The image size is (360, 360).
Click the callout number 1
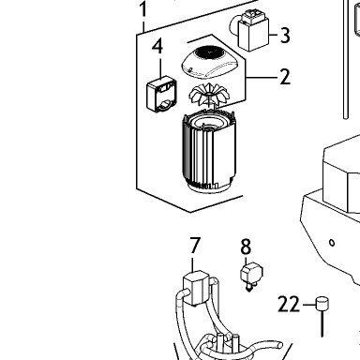tap(142, 9)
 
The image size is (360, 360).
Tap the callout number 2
tap(285, 77)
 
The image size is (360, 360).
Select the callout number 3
tap(285, 35)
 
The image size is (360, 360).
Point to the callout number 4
tap(157, 47)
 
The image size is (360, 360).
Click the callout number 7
tap(195, 246)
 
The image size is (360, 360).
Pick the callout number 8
tap(246, 247)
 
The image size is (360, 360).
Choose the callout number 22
tap(289, 305)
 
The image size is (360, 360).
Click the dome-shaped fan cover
tap(212, 62)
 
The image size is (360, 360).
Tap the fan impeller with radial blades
tap(206, 95)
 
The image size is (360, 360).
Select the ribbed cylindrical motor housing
tap(208, 152)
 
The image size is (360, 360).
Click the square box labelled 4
tap(161, 94)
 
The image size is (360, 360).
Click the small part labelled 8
tap(251, 277)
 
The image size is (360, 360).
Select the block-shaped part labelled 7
tap(196, 288)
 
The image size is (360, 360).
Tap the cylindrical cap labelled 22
tap(322, 304)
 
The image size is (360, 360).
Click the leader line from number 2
tap(262, 77)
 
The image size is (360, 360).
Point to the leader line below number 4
tap(160, 67)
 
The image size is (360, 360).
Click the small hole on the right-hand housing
tap(332, 242)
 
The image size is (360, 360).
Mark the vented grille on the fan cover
tap(208, 52)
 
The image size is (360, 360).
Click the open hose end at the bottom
tap(279, 345)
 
